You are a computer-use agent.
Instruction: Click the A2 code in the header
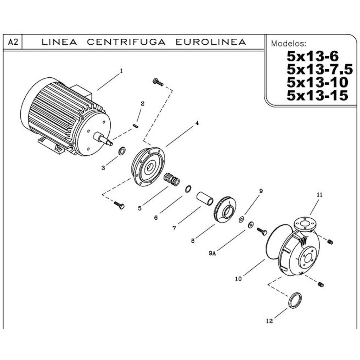coord(13,43)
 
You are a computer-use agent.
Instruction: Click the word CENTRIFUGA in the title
coord(126,42)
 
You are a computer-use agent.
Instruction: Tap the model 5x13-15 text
coord(317,95)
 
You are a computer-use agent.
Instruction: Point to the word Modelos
coord(288,44)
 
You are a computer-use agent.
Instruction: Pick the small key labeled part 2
coord(136,126)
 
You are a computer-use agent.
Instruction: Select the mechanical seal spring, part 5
coord(172,180)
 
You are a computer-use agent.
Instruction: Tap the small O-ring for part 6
coord(188,189)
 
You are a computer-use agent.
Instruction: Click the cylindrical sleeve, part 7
coord(205,198)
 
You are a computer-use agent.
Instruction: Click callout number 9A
coord(212,253)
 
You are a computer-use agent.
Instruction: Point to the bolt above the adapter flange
coord(158,82)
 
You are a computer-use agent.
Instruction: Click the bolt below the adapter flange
coord(120,205)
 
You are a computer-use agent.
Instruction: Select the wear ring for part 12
coord(295,300)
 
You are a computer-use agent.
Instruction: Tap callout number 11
coord(319,194)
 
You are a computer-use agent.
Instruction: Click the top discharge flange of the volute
coord(304,224)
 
